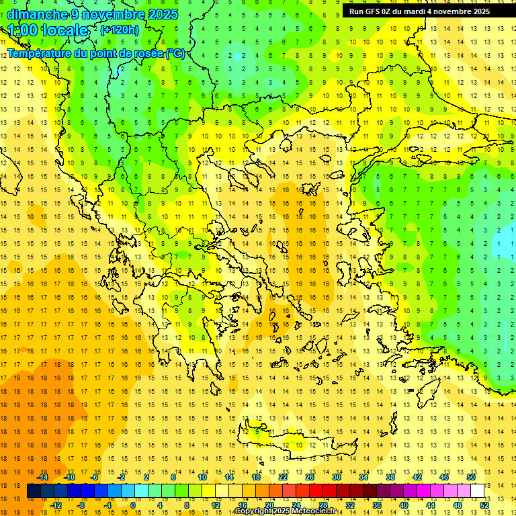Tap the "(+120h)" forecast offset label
click(x=120, y=30)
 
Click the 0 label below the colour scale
click(x=133, y=505)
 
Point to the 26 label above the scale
click(x=310, y=477)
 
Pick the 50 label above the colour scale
click(x=471, y=477)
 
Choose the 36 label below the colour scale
click(x=376, y=505)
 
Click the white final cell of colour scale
click(x=477, y=491)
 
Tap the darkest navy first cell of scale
click(x=34, y=491)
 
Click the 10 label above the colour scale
click(x=202, y=477)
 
